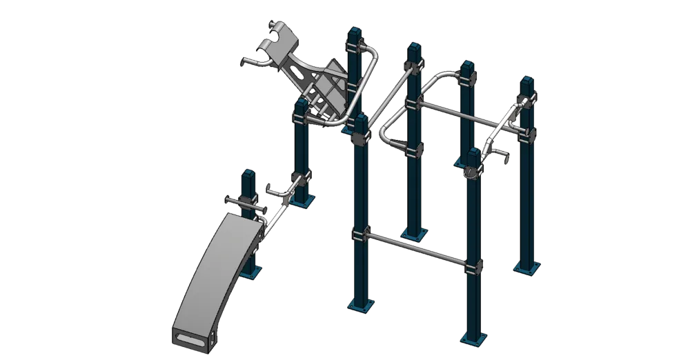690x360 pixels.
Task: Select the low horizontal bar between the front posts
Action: (417, 248)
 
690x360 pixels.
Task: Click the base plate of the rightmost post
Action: (527, 267)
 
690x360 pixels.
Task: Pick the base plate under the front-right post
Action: (473, 337)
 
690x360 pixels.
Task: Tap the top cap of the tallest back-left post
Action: (355, 32)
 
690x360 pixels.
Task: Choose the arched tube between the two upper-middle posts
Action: (442, 77)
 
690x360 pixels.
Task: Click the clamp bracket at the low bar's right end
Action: (474, 266)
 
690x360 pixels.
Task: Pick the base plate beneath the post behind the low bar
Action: (415, 233)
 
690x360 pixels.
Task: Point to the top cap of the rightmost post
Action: (527, 81)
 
